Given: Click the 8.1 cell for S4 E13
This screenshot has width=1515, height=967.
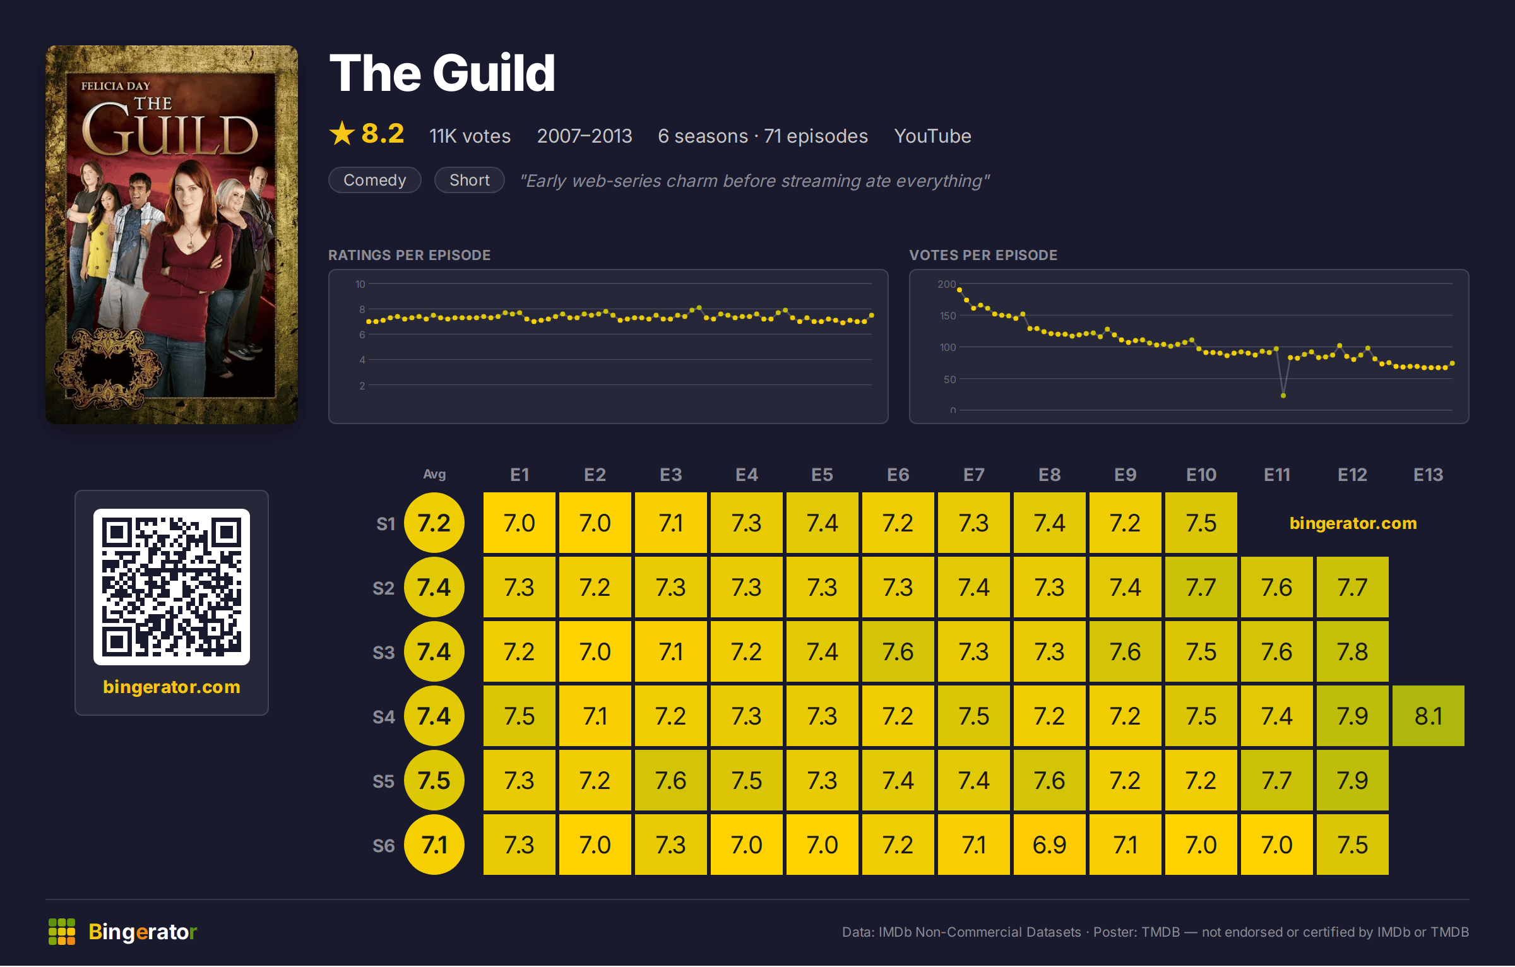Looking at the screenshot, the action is pos(1428,716).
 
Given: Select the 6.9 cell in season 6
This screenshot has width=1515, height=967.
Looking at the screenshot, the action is pos(1049,845).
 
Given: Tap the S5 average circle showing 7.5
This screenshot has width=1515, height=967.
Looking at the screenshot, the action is pos(434,781).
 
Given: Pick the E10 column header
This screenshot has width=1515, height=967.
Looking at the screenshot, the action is pos(1201,475).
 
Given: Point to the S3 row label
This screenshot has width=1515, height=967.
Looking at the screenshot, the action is pos(383,653).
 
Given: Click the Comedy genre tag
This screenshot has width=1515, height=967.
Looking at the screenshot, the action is pos(375,181).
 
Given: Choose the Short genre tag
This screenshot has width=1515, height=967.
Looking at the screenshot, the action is pos(470,181).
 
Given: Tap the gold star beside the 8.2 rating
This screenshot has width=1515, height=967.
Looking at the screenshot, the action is pos(342,134).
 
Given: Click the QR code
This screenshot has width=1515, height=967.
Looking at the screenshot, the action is pos(172,587).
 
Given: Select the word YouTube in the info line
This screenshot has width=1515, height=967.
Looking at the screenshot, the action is pos(932,136).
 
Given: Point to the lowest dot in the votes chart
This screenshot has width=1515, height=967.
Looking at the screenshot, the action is pos(1283,396).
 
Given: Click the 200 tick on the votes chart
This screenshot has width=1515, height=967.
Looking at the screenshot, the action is pos(946,285).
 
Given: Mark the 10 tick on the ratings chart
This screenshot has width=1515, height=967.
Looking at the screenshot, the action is pos(360,285).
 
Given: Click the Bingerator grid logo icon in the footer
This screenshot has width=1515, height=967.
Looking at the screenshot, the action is pos(62,932).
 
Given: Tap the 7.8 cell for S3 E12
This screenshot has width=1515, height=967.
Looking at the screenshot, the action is pos(1352,652).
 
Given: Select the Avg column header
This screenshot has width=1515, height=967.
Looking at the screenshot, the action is pos(434,475).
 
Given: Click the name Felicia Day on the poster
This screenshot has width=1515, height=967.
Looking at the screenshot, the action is pos(116,86).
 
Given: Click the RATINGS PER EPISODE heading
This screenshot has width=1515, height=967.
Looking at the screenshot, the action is pos(409,256).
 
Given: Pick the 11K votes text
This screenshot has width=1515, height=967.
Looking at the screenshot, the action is pos(470,136).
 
